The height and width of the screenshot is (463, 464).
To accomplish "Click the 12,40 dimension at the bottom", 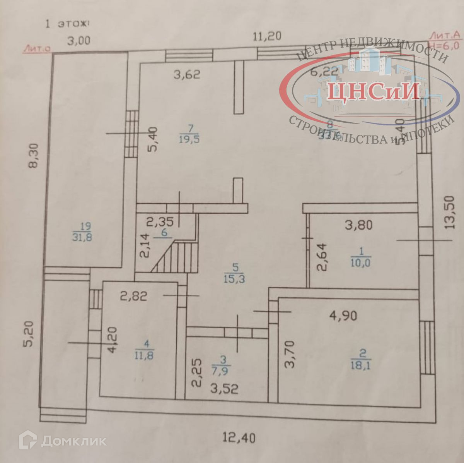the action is (x=239, y=438).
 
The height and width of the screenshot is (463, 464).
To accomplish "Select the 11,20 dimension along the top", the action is (x=267, y=36).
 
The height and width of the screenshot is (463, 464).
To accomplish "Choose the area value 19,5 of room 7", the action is (x=189, y=139).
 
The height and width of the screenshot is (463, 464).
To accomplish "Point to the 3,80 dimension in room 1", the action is (x=358, y=225).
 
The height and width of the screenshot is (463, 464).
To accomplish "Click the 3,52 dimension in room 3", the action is (x=224, y=389).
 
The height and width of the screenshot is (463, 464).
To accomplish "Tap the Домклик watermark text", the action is (x=73, y=441).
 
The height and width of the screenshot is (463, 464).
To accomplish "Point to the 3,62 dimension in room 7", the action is (x=187, y=75).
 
